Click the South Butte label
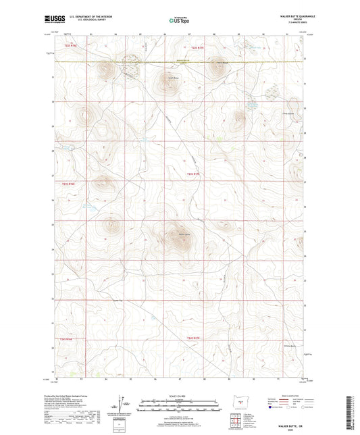(x=172, y=78)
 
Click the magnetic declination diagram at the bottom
(x=122, y=405)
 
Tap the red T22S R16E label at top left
(x=71, y=46)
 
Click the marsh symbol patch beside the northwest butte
(x=131, y=68)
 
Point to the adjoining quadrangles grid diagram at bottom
(x=237, y=418)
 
